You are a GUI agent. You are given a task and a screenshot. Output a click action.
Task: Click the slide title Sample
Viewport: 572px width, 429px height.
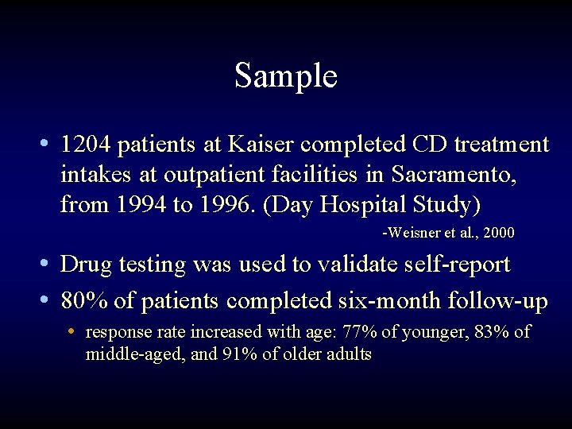tap(286, 76)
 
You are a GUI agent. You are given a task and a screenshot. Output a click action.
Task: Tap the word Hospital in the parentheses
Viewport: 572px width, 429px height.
tap(367, 204)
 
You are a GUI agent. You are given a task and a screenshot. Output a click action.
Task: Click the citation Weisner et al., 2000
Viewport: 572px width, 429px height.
tap(449, 234)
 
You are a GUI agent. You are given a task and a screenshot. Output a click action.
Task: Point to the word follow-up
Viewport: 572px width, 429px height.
tap(500, 302)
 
